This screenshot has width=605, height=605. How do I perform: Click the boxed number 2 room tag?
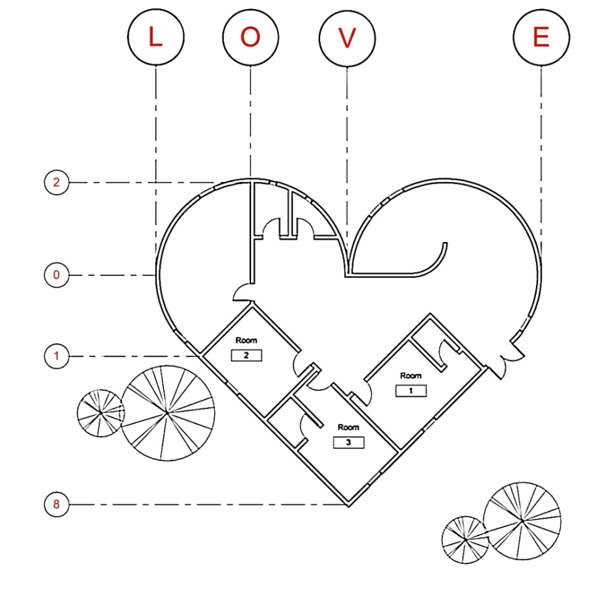(247, 355)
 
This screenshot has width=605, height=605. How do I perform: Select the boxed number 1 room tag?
(411, 390)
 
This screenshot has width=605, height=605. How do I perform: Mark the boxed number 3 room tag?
(349, 442)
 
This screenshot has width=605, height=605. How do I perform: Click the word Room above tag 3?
(349, 427)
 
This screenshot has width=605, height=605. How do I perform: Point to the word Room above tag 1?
(411, 375)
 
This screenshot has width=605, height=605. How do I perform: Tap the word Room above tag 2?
(247, 340)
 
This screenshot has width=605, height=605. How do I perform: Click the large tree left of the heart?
(167, 413)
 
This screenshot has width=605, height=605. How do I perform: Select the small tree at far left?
(101, 413)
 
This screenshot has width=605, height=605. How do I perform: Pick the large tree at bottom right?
(522, 520)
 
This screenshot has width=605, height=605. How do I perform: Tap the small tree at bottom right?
(465, 540)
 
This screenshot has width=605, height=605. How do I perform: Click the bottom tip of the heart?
(349, 506)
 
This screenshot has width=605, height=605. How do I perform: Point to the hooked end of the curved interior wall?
(445, 244)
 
